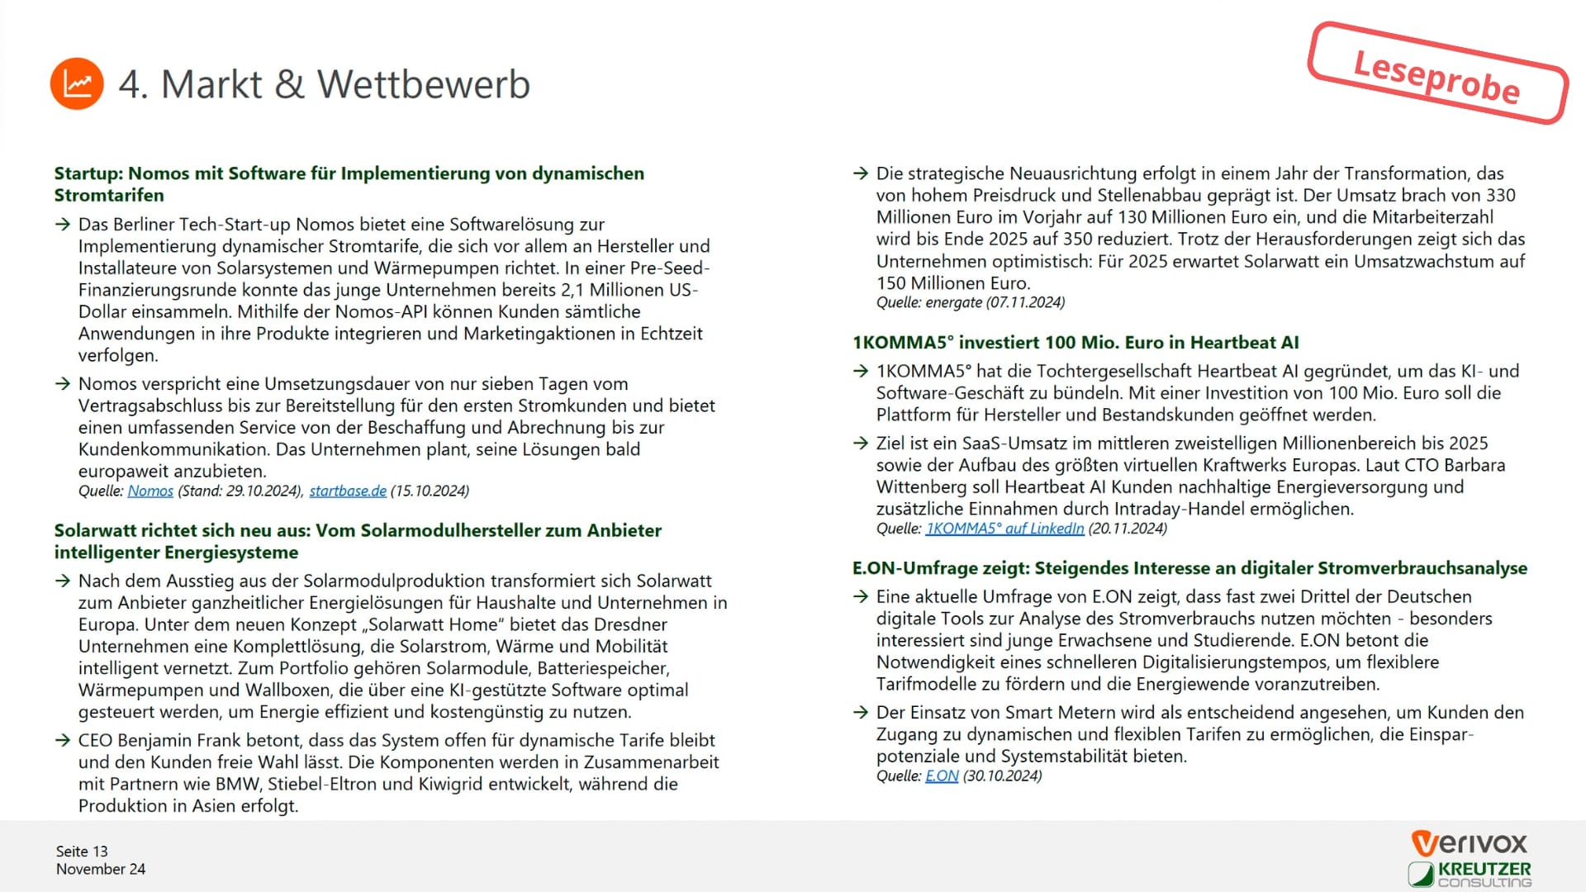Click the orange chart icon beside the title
point(77,83)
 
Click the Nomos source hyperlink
point(150,491)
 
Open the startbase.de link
point(348,491)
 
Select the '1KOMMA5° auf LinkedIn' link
point(1004,529)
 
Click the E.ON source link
point(942,776)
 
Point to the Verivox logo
point(1470,843)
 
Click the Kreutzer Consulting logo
point(1470,874)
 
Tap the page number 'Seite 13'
point(82,852)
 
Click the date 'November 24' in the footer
point(101,870)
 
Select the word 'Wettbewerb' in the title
point(424,84)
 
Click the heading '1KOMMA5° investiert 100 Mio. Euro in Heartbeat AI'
point(1076,343)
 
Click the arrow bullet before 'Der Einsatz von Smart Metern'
point(861,713)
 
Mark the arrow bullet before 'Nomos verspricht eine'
point(63,384)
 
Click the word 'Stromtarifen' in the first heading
point(109,196)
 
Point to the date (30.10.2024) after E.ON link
point(1003,776)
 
